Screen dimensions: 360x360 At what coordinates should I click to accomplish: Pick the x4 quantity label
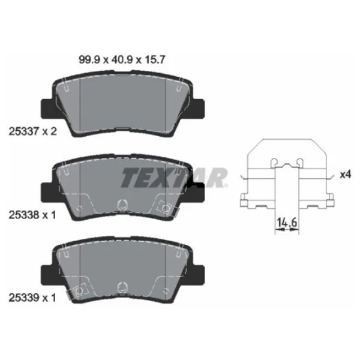click(345, 175)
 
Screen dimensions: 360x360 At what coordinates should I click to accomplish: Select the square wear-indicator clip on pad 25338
click(163, 208)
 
